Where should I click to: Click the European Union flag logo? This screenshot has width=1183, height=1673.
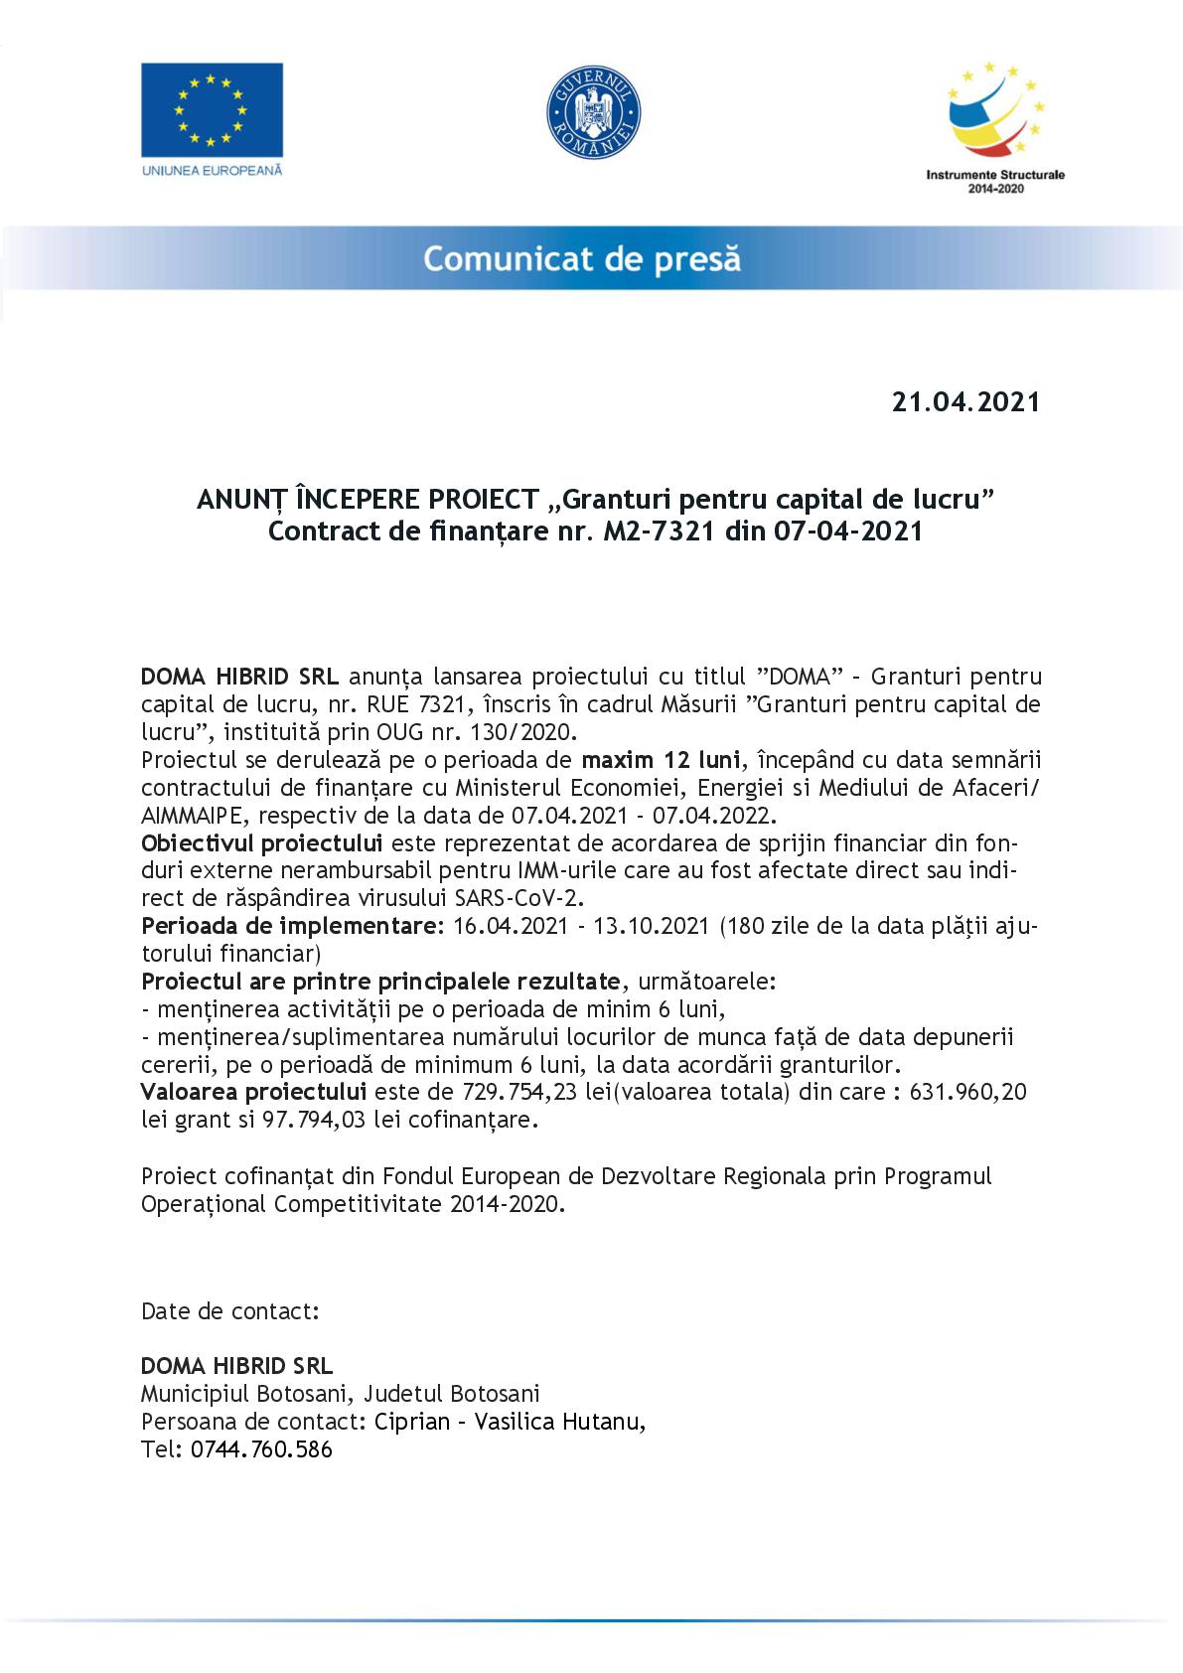pyautogui.click(x=212, y=108)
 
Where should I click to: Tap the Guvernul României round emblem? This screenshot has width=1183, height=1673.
pyautogui.click(x=593, y=114)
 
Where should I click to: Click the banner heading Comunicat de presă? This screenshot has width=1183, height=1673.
pyautogui.click(x=583, y=259)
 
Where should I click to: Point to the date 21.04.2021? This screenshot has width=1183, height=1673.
pyautogui.click(x=965, y=402)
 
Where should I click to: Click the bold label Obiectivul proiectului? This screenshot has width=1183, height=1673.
pyautogui.click(x=262, y=844)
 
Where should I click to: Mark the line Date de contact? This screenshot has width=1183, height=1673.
pyautogui.click(x=230, y=1311)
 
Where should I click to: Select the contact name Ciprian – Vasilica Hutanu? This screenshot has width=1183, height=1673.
pyautogui.click(x=510, y=1422)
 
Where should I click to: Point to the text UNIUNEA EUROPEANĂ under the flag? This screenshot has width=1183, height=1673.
pyautogui.click(x=212, y=170)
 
